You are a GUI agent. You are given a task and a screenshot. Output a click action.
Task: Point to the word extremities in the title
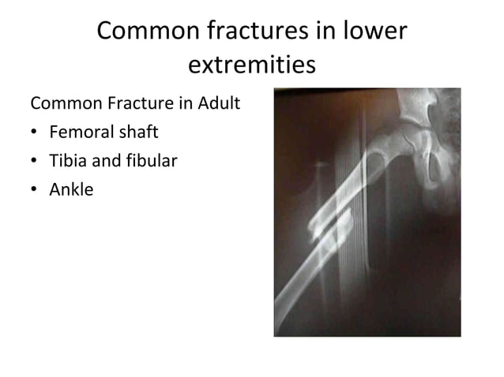pyautogui.click(x=251, y=65)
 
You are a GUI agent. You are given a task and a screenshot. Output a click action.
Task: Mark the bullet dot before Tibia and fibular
pyautogui.click(x=36, y=162)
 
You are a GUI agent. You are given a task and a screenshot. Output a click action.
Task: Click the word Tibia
pyautogui.click(x=68, y=161)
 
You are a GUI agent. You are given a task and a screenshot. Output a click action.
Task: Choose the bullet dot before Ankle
pyautogui.click(x=36, y=190)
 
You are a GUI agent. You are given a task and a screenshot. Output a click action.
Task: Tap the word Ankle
pyautogui.click(x=71, y=189)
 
